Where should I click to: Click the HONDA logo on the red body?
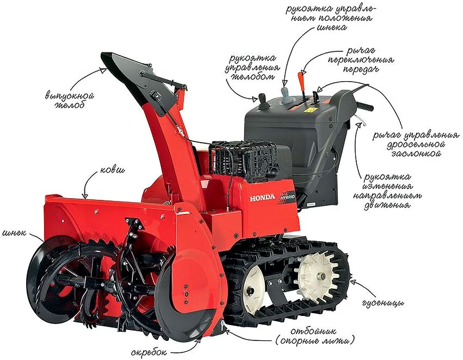point(262,197)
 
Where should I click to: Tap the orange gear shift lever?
point(302,80)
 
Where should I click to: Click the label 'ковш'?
point(113,170)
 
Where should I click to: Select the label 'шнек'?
point(14,233)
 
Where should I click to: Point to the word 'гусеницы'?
point(383,303)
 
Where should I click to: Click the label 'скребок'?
point(149,352)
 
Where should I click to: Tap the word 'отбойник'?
point(313,331)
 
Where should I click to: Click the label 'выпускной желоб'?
point(70,100)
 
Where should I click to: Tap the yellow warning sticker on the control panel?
point(309,111)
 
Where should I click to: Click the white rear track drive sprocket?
point(315,277)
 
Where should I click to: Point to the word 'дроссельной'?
point(416,145)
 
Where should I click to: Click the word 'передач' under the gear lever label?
point(361,70)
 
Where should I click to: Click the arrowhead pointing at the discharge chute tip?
point(102,71)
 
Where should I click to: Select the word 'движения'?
point(387,205)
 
